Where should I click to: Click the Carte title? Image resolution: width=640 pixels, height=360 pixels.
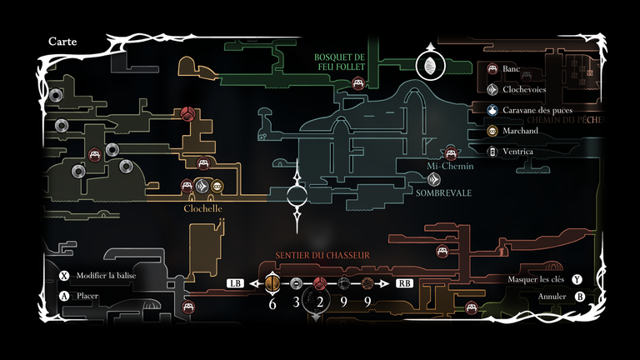pos(63,41)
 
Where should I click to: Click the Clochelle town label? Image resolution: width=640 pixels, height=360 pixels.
pos(202,208)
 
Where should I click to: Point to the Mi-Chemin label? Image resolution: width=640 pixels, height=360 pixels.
pos(450,167)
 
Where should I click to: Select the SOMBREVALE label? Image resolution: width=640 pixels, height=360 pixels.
pos(443,192)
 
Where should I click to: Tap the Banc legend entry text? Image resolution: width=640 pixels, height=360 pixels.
pos(512,69)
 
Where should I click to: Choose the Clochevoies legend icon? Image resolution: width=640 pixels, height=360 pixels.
pos(492,89)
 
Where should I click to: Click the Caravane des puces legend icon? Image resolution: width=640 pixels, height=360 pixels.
pos(492,110)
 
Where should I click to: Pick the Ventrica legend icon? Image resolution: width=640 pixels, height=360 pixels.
pos(492,152)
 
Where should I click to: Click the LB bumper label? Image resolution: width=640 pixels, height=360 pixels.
pos(235,283)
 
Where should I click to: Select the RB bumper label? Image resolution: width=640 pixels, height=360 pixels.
pos(404,283)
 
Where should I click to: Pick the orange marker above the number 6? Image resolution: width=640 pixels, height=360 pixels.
pos(272,283)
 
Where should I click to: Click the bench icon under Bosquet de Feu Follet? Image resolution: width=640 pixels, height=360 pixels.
pos(358,82)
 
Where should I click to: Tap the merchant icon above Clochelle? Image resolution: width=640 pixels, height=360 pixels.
pos(217,186)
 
